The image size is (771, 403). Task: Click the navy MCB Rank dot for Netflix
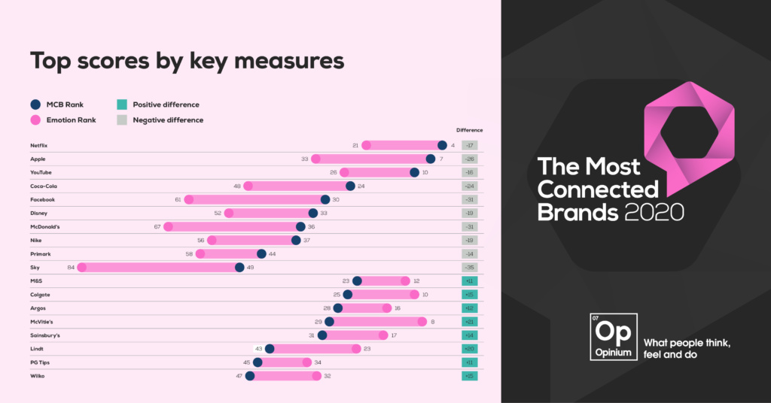(x=443, y=146)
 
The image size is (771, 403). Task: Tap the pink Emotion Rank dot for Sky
(x=82, y=267)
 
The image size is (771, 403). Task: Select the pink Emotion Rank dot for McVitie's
(x=422, y=322)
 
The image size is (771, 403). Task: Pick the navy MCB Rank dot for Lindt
(x=270, y=349)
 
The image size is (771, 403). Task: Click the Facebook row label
(x=42, y=200)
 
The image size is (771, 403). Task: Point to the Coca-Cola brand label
(x=44, y=186)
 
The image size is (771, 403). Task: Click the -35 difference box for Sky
(x=469, y=268)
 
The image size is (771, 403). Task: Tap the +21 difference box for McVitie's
(x=469, y=322)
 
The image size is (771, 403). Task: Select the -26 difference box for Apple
(x=469, y=159)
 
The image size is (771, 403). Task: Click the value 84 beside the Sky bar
(x=71, y=268)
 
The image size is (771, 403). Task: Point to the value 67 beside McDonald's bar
(x=157, y=227)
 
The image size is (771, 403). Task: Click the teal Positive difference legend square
(x=120, y=105)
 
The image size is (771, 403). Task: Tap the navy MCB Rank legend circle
(x=35, y=105)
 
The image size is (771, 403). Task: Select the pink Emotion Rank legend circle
(x=35, y=120)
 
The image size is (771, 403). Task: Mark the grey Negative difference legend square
(x=120, y=120)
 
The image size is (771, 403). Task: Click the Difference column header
(x=469, y=130)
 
